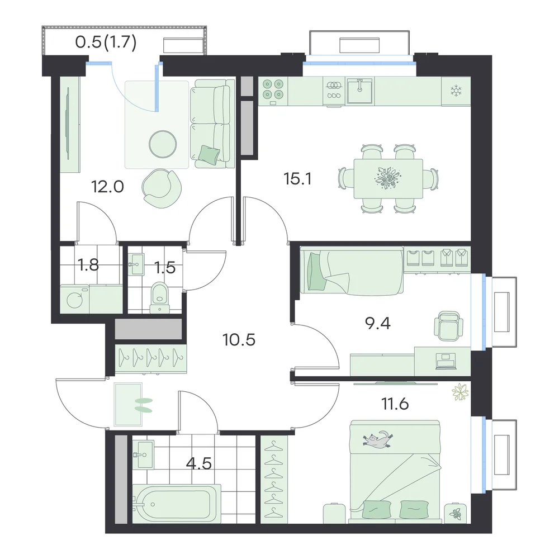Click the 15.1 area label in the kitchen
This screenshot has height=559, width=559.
click(298, 179)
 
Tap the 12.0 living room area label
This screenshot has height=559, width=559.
click(108, 187)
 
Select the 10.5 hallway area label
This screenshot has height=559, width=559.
click(239, 340)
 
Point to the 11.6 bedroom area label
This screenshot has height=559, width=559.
click(395, 404)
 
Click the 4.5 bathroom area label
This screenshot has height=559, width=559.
click(199, 463)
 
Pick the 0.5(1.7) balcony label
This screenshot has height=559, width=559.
click(106, 43)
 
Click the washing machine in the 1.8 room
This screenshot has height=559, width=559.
click(74, 299)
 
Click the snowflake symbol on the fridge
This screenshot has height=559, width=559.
click(456, 91)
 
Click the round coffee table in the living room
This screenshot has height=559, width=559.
click(163, 144)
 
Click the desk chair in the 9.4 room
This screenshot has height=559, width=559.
click(448, 326)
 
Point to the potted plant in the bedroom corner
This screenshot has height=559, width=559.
click(460, 392)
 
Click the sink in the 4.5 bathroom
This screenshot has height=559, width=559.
click(143, 454)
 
